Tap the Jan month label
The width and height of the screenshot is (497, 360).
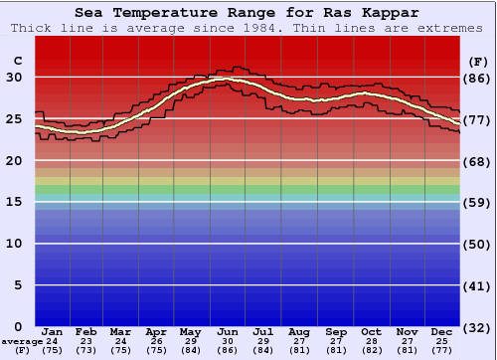pyautogui.click(x=53, y=331)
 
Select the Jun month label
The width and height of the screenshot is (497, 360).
pyautogui.click(x=228, y=331)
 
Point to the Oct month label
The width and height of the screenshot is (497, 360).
pyautogui.click(x=371, y=331)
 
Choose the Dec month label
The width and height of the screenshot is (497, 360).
pyautogui.click(x=442, y=331)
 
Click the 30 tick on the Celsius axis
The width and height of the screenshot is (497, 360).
pyautogui.click(x=15, y=77)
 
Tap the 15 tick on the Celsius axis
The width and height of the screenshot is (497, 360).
pyautogui.click(x=15, y=202)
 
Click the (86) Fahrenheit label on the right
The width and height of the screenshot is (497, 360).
pyautogui.click(x=477, y=77)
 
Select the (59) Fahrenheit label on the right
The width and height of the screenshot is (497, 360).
pyautogui.click(x=477, y=202)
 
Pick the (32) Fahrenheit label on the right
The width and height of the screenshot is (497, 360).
pyautogui.click(x=477, y=326)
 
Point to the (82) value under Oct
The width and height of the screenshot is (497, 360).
pyautogui.click(x=371, y=350)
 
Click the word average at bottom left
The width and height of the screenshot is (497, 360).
pyautogui.click(x=22, y=341)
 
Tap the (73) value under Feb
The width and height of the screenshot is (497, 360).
pyautogui.click(x=86, y=350)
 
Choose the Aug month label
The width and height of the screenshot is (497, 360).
pyautogui.click(x=299, y=331)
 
